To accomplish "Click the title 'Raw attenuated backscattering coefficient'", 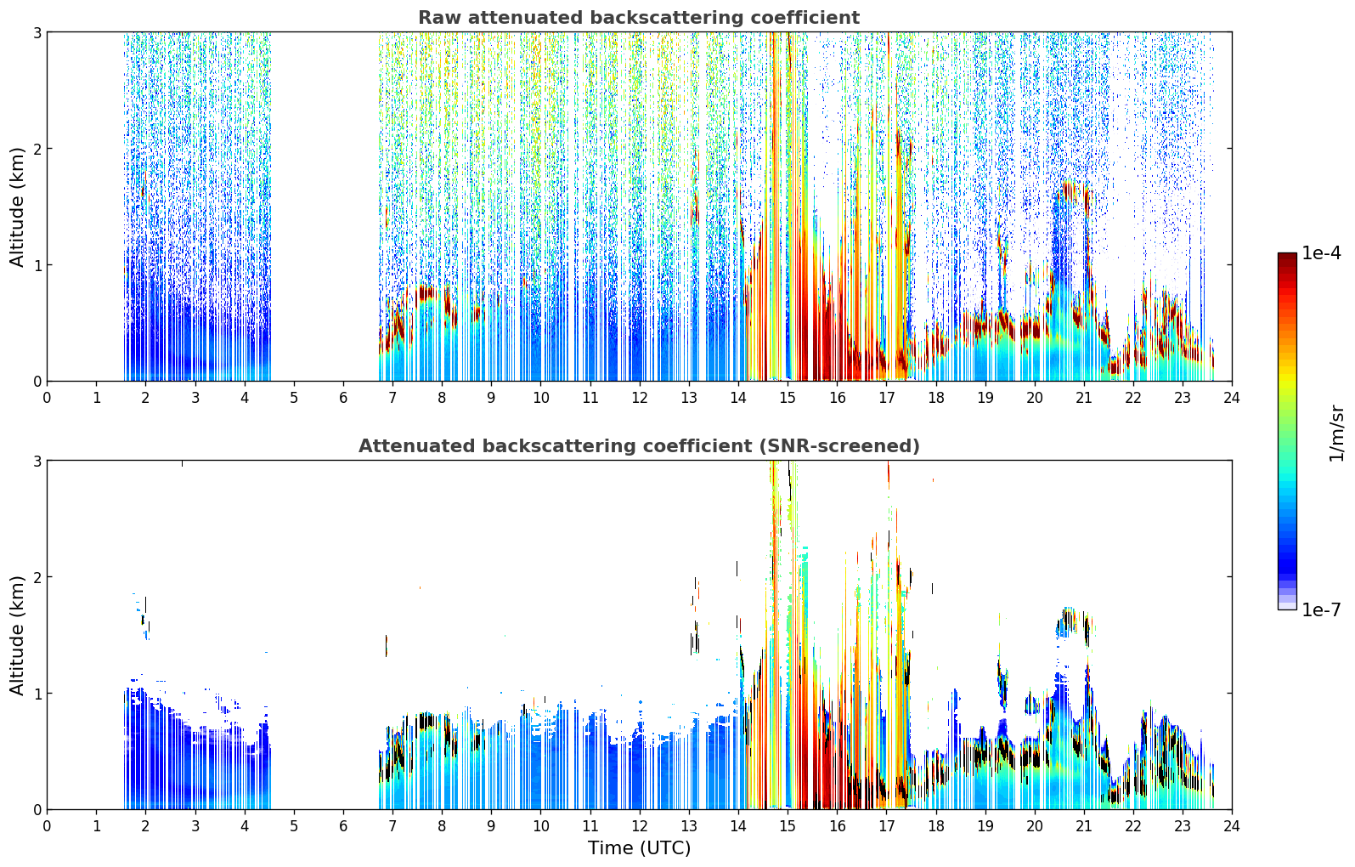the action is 639,18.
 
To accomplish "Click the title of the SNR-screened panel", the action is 639,446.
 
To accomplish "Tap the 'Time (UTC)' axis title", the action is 639,848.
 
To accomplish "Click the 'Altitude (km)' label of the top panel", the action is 17,207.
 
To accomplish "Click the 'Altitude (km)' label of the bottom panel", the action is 17,636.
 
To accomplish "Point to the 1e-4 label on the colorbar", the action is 1321,253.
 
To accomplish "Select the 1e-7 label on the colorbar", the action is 1321,609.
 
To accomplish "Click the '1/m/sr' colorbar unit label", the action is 1336,433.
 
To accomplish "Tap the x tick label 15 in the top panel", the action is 787,398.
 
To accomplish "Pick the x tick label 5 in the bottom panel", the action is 294,826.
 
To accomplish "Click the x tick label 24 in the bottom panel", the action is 1232,826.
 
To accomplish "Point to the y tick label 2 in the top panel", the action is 37,149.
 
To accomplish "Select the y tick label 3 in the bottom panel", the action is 37,461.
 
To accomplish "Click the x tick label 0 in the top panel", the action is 48,398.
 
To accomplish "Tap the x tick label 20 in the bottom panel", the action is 1035,826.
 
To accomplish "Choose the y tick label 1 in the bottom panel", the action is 37,694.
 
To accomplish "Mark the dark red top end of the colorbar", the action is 1287,255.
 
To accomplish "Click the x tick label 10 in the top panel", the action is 541,398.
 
